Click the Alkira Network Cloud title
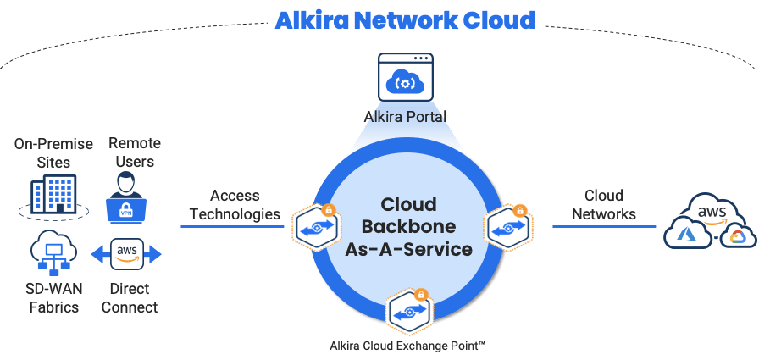pos(406,20)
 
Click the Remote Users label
pos(135,152)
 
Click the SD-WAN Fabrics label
pos(53,298)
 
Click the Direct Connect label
pos(130,298)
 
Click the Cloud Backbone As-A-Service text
pos(408,227)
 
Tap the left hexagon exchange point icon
pos(316,227)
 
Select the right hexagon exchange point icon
pos(508,226)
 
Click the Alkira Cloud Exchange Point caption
pos(407,346)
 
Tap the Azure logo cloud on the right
pos(689,231)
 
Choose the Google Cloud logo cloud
pos(737,236)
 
